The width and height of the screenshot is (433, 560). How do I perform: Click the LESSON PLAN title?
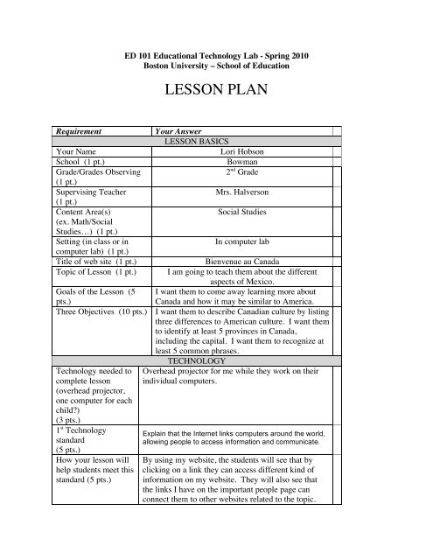point(215,90)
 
